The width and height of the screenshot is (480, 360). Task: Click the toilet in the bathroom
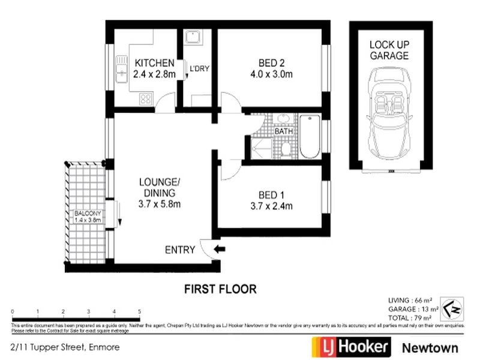pos(286,148)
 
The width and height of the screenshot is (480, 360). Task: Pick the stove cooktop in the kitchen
pos(146,100)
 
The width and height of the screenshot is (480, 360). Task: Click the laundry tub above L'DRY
pos(193,39)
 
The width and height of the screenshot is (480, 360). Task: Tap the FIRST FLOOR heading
pos(220,289)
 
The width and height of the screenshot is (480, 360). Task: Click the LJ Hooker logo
pos(351,347)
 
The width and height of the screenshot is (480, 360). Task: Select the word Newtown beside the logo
pos(430,347)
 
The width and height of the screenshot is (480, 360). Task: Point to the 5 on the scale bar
pos(139,312)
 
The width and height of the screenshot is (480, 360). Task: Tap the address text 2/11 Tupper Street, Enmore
pos(56,347)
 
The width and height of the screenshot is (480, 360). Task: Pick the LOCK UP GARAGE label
pos(389,50)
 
